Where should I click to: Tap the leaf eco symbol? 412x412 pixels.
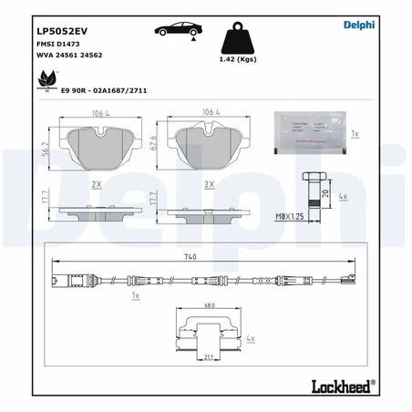pos(44,83)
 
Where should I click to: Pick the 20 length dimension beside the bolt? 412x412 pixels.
pos(325,193)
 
